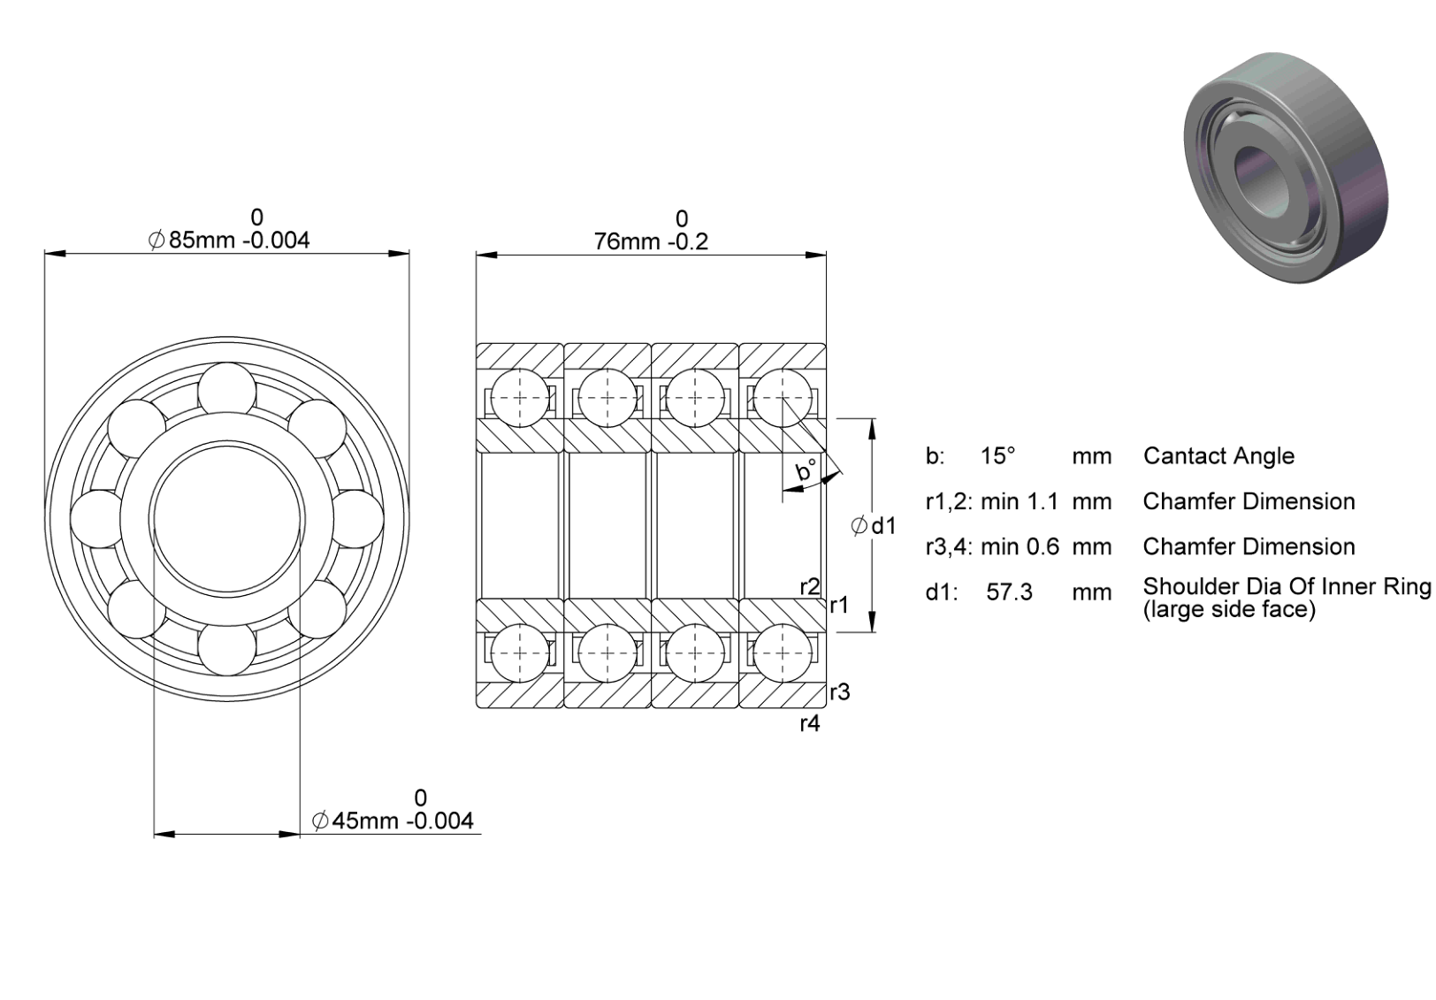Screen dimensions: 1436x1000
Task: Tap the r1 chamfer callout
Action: coord(839,605)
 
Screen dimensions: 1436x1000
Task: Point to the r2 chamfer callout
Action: coord(810,586)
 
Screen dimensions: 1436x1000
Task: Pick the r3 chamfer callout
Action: coord(840,692)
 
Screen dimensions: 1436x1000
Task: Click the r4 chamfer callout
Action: coord(810,724)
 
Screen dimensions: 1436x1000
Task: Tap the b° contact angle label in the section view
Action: coord(806,469)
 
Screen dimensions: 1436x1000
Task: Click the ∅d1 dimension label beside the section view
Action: coord(873,526)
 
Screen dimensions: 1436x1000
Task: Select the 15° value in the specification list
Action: coord(998,456)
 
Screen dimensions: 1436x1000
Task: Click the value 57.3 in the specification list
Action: coord(1010,592)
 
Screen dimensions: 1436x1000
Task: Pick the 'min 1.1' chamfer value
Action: coord(1020,502)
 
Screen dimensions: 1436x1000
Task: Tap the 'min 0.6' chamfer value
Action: coord(1020,546)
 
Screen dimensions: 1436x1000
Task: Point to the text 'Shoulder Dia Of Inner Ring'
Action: coord(1287,586)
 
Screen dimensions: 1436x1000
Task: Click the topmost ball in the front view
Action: coord(227,391)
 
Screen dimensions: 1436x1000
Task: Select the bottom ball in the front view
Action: coord(227,647)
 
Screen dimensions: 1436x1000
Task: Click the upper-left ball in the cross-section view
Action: coord(520,398)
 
